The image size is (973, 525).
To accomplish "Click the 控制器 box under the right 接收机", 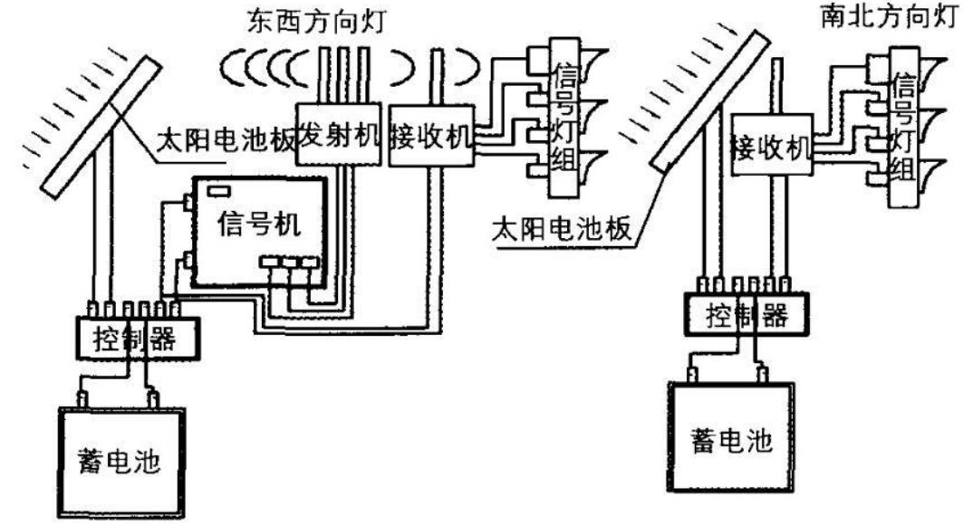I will pos(744,313).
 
